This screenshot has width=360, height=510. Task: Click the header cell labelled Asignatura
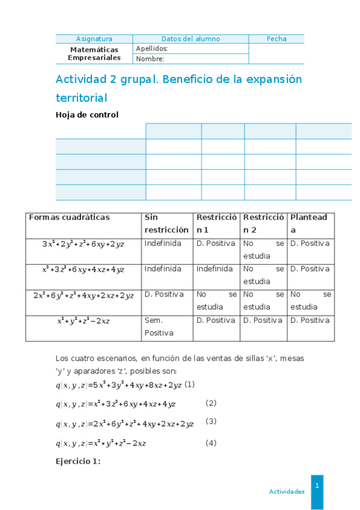click(94, 39)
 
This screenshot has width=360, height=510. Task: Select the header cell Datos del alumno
click(191, 39)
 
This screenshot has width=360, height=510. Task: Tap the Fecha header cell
click(276, 39)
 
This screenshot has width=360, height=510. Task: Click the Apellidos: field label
click(151, 49)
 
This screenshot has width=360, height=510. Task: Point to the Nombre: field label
click(150, 59)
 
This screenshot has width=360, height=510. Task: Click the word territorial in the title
click(81, 97)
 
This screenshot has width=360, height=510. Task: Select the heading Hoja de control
click(87, 115)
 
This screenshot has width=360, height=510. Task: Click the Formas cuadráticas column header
click(69, 218)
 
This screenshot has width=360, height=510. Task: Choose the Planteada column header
click(310, 224)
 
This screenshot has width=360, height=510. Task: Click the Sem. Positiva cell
click(159, 327)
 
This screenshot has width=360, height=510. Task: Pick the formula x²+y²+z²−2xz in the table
click(84, 321)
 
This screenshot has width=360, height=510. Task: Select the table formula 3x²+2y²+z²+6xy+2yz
click(84, 244)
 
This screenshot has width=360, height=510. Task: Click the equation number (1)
click(189, 384)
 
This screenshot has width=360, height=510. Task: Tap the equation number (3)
click(211, 421)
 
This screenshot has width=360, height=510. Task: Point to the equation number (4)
click(211, 443)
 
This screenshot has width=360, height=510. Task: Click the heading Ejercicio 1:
click(78, 461)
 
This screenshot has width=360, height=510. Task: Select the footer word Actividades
click(287, 491)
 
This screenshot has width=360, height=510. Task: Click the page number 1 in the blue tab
click(317, 485)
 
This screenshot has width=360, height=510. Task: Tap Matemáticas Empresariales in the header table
click(94, 54)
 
